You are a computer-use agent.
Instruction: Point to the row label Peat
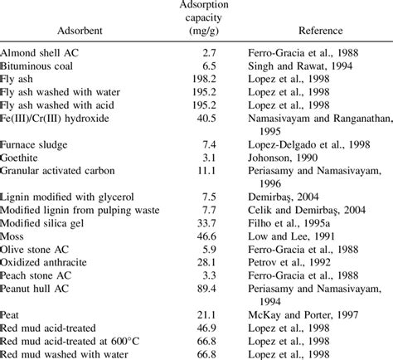pyautogui.click(x=14, y=315)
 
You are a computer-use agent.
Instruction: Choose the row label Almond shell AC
pyautogui.click(x=41, y=51)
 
